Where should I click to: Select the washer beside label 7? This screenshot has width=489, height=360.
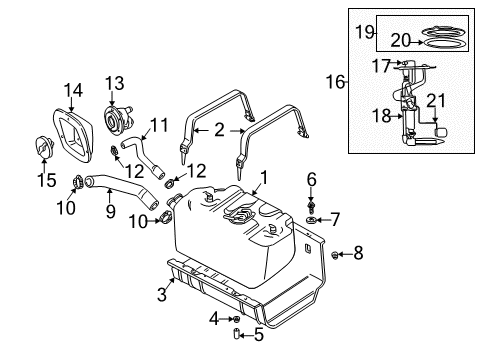314,217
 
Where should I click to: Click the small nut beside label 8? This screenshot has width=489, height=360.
336,254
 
